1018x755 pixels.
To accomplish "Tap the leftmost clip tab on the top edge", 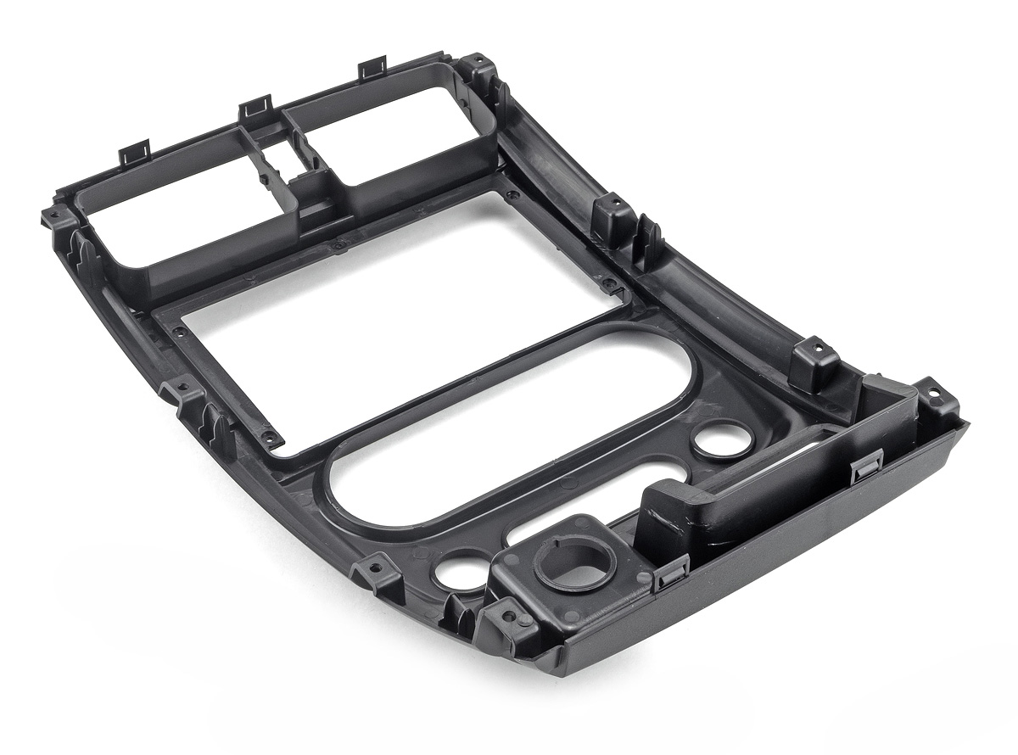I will pyautogui.click(x=134, y=153).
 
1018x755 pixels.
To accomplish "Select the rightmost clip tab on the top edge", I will pyautogui.click(x=372, y=68).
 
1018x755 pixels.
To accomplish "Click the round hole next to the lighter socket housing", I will pyautogui.click(x=456, y=570).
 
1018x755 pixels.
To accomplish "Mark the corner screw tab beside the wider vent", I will pyautogui.click(x=56, y=216).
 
